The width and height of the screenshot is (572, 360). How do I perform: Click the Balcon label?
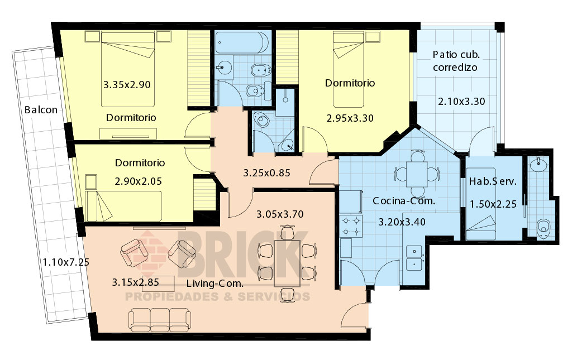tap(41, 110)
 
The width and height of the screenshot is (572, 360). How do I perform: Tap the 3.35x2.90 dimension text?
tap(127, 84)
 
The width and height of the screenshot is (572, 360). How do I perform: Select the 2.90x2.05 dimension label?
tap(139, 181)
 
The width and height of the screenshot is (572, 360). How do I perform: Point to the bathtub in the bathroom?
tap(242, 42)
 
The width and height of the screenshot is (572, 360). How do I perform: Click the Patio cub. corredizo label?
tap(456, 61)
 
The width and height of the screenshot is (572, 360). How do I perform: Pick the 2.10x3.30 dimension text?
tap(461, 101)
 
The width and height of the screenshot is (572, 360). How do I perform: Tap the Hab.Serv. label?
tap(493, 181)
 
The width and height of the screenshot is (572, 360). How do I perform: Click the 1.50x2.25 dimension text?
tap(493, 204)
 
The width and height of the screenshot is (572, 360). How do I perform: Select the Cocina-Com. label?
tap(404, 201)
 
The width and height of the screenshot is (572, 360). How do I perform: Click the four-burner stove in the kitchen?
tap(351, 226)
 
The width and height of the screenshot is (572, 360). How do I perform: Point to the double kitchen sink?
tap(414, 258)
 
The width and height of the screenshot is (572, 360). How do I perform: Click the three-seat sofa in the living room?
tap(159, 320)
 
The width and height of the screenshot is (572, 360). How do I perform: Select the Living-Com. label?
tap(215, 284)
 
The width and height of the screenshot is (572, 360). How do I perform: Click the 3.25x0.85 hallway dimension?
tap(266, 172)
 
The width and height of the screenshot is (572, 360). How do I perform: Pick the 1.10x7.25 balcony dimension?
tap(66, 262)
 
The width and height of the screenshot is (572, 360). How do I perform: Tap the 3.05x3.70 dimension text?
tap(280, 214)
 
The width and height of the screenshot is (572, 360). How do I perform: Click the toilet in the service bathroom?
tap(544, 228)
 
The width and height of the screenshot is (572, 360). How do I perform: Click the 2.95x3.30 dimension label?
tap(350, 118)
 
